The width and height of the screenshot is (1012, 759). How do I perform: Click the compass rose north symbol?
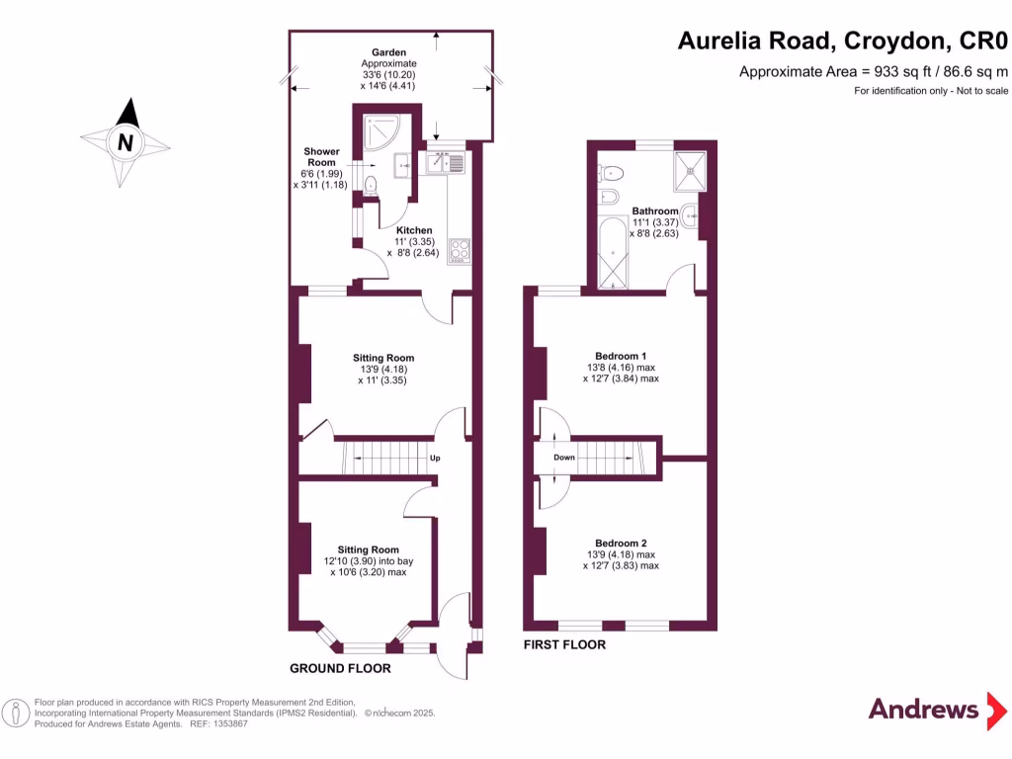click(126, 141)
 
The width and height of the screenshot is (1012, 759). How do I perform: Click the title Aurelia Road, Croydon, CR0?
click(843, 41)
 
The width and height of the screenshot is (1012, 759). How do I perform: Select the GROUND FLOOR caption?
click(340, 669)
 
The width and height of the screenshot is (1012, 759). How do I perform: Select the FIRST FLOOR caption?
click(564, 645)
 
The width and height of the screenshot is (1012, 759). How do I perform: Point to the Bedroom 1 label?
click(621, 356)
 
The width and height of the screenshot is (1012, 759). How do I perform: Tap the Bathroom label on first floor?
click(655, 211)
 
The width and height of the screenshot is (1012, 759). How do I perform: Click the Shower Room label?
click(321, 157)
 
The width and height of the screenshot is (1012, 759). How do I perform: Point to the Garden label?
click(388, 51)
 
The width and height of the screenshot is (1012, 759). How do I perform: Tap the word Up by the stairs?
click(434, 459)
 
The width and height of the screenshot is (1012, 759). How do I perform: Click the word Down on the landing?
click(563, 458)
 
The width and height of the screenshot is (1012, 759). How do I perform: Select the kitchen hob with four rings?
click(461, 251)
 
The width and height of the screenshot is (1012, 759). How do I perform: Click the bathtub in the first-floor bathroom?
click(614, 256)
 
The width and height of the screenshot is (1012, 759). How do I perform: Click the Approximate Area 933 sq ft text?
click(874, 71)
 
